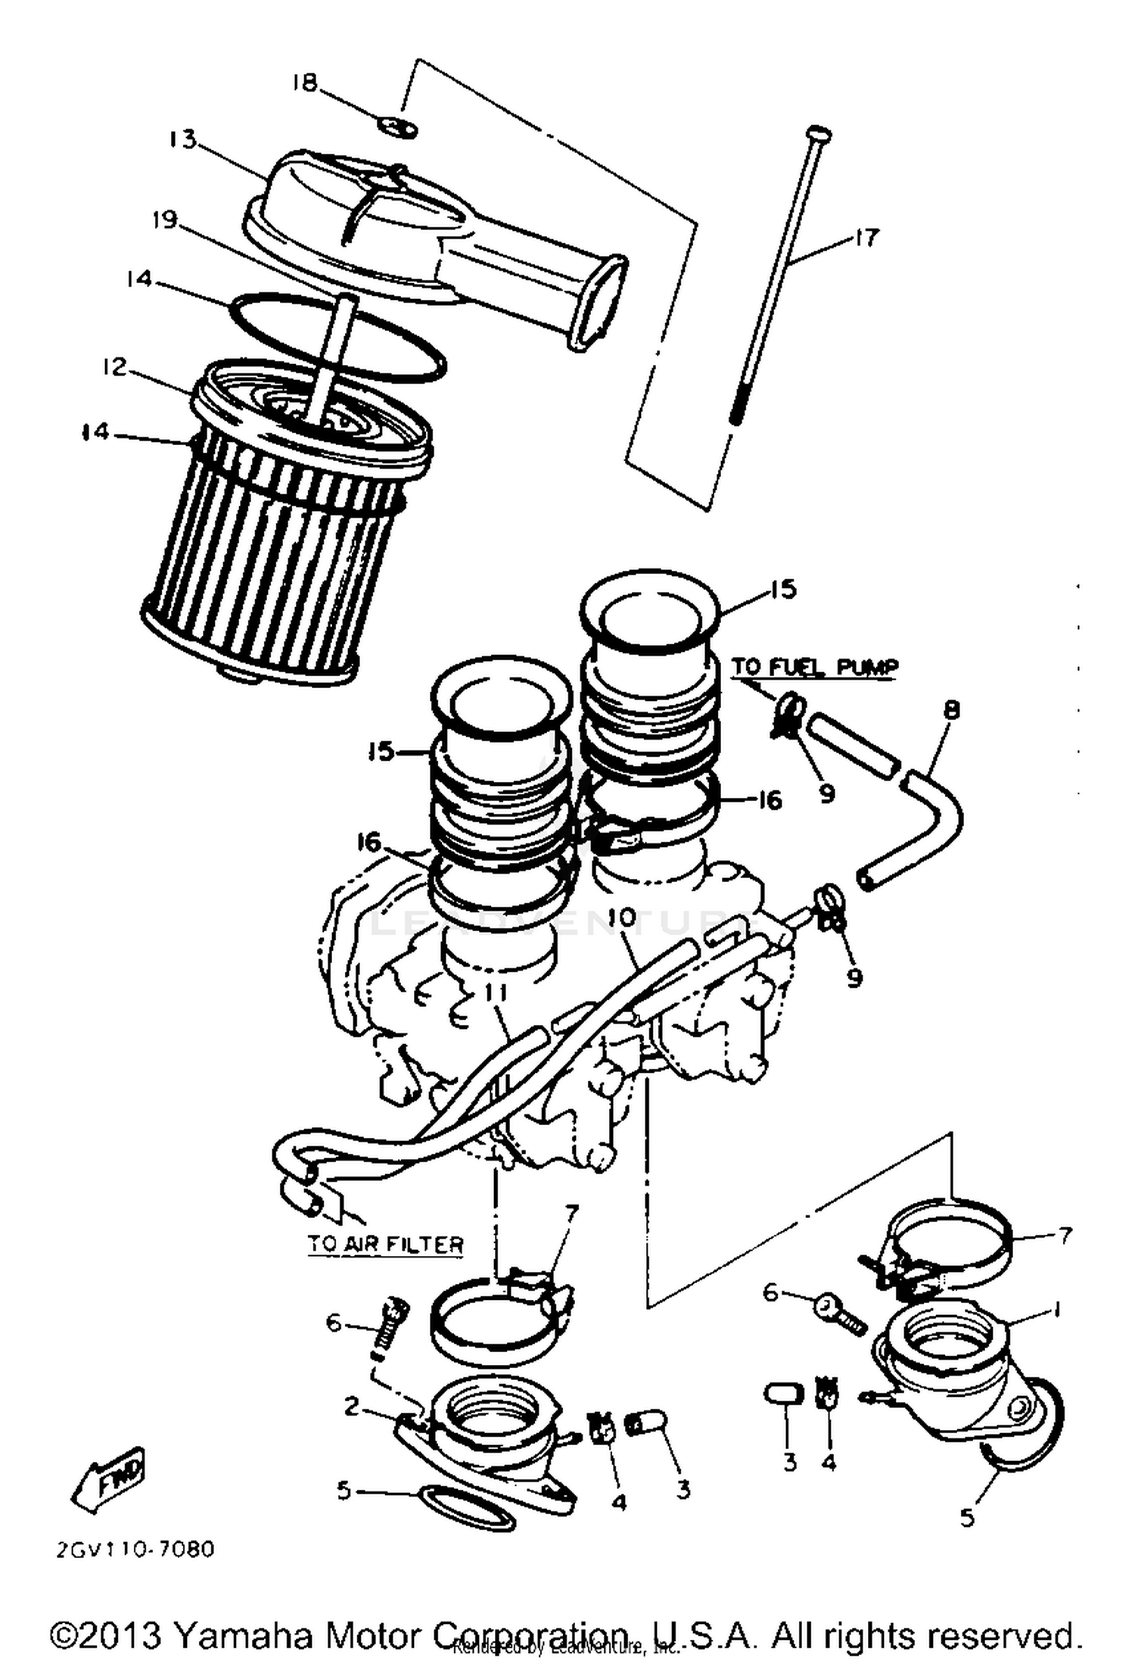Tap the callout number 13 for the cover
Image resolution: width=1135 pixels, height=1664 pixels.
[x=182, y=140]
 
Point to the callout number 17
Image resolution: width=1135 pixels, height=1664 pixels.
[x=867, y=238]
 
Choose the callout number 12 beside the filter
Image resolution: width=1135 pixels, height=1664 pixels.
[x=114, y=367]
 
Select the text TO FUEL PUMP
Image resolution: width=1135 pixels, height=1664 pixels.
[x=814, y=668]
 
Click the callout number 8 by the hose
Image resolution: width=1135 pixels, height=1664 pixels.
[x=951, y=710]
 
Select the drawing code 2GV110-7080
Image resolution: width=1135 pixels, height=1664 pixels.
[x=135, y=1549]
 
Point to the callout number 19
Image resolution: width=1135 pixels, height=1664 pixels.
[x=164, y=220]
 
